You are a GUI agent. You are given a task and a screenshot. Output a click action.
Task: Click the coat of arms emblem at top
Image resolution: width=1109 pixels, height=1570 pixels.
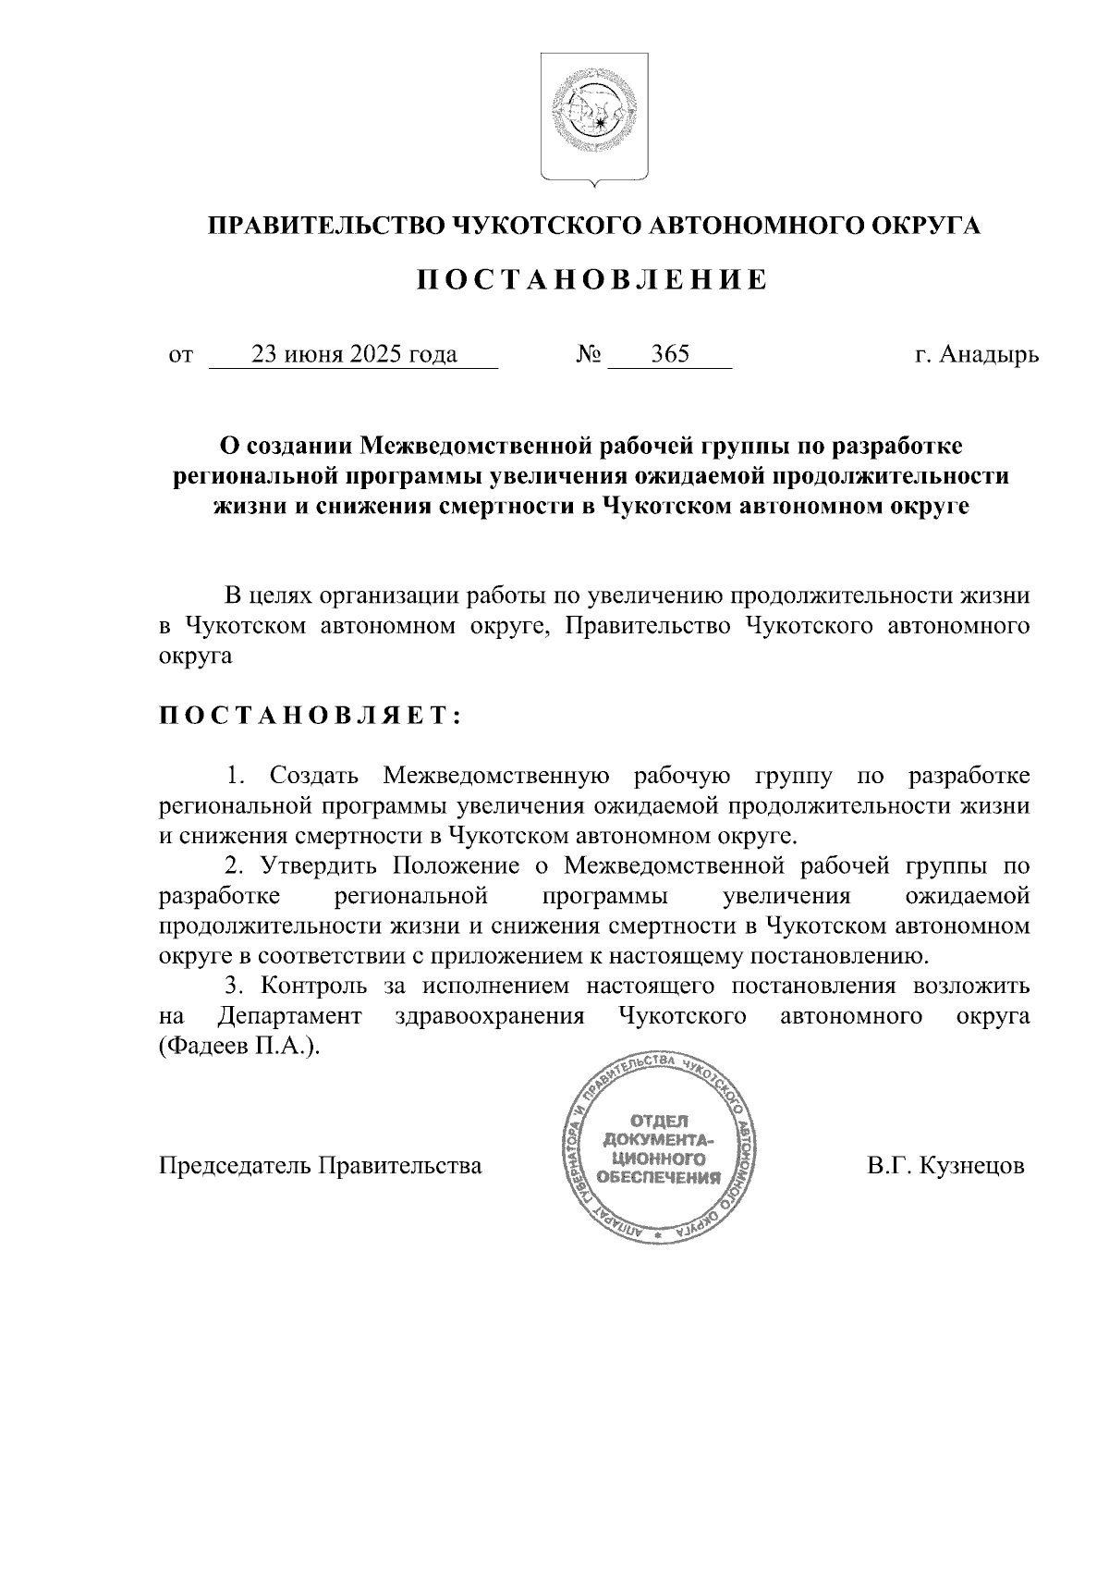click(x=593, y=118)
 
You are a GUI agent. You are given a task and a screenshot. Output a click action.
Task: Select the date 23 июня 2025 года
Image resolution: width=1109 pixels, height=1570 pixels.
click(x=355, y=355)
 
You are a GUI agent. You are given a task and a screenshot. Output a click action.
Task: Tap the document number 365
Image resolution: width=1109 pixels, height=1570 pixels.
click(x=670, y=355)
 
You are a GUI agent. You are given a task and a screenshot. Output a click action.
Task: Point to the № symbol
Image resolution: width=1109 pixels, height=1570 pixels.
click(x=589, y=355)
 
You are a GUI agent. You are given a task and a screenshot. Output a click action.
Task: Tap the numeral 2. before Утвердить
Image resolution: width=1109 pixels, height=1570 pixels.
click(x=236, y=865)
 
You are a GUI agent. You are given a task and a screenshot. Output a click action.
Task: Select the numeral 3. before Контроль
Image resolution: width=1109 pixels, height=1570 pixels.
click(x=236, y=986)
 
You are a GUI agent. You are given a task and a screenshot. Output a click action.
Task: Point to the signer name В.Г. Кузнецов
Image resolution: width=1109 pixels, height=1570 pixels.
click(x=945, y=1165)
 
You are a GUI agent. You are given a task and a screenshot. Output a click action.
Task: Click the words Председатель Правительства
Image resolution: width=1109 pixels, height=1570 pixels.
click(x=321, y=1165)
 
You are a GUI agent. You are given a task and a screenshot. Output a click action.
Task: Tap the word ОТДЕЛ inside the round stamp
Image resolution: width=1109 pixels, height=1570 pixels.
click(x=658, y=1120)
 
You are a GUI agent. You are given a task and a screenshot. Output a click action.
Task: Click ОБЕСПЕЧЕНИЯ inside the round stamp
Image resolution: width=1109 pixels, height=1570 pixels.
click(x=658, y=1179)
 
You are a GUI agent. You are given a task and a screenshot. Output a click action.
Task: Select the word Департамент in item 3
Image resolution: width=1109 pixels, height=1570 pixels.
click(x=289, y=1016)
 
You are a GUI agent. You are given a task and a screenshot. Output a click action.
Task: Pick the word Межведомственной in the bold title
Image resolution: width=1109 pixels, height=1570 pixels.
click(x=474, y=447)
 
